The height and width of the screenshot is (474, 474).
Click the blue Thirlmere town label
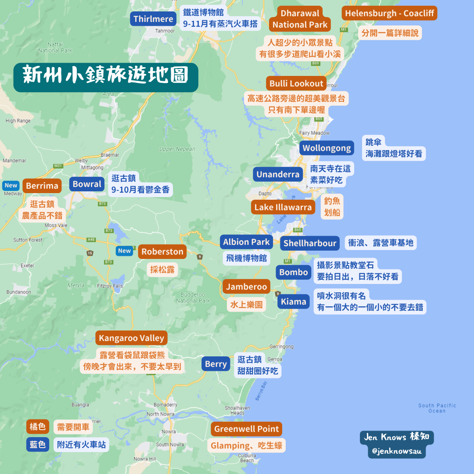click(153, 19)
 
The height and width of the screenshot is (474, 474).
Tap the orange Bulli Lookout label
click(296, 83)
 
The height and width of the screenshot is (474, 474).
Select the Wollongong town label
click(327, 148)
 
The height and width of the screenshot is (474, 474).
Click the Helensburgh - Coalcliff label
click(389, 13)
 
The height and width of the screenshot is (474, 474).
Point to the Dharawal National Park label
click(300, 19)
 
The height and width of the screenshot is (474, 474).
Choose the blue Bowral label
click(87, 184)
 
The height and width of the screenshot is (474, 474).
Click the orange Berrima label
click(42, 186)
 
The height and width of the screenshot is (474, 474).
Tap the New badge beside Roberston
click(125, 251)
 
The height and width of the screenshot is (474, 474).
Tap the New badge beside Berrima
click(11, 185)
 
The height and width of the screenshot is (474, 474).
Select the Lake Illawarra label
click(283, 207)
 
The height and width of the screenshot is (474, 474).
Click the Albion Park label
click(246, 242)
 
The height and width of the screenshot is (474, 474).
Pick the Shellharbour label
click(310, 243)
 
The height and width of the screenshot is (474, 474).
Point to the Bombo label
click(294, 272)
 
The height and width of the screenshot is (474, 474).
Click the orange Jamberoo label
click(246, 287)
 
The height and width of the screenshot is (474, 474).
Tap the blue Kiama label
click(294, 302)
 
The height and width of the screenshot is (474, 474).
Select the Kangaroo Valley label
click(131, 338)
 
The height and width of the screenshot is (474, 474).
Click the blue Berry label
click(216, 364)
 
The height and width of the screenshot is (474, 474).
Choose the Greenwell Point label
click(246, 429)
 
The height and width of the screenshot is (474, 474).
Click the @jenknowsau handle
click(397, 451)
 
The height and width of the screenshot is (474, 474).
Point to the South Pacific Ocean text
click(437, 408)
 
